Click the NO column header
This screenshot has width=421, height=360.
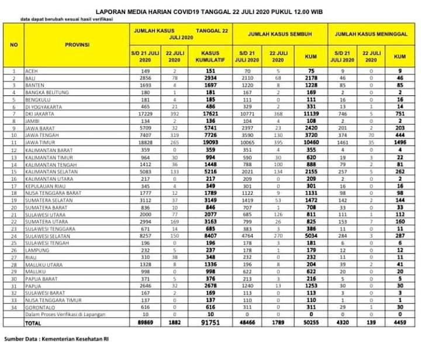pyautogui.click(x=13, y=44)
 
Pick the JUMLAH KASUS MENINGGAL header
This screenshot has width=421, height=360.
pyautogui.click(x=371, y=34)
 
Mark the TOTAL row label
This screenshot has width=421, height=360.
pyautogui.click(x=34, y=322)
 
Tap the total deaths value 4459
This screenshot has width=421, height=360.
pyautogui.click(x=399, y=322)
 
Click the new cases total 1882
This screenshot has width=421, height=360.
pyautogui.click(x=174, y=322)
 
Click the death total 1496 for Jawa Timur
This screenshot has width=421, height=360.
pyautogui.click(x=399, y=141)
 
